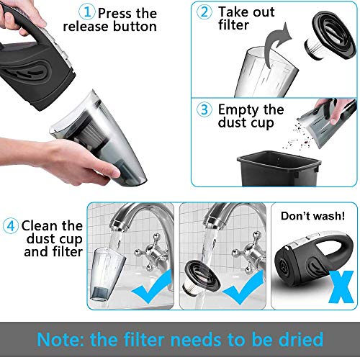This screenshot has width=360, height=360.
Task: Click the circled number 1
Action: pos(86,12)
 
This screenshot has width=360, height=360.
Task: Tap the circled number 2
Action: pos(204,12)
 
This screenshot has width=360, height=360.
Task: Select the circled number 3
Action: pos(204,109)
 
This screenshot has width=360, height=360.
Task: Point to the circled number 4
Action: pos(11,226)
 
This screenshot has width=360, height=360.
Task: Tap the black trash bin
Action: pos(279,168)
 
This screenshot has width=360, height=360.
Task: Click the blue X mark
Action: pos(341,287)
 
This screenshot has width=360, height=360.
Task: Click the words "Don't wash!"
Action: pos(312,216)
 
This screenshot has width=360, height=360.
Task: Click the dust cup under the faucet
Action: pos(107,274)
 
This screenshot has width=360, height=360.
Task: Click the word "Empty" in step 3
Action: pos(239,110)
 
